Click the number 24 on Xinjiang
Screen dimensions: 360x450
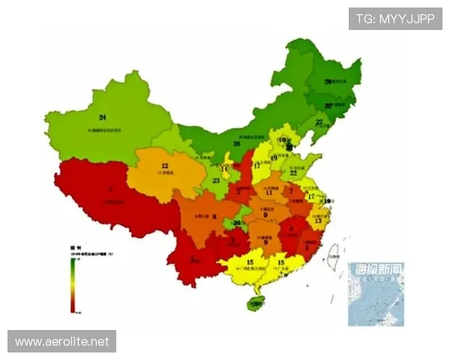coord(102,117)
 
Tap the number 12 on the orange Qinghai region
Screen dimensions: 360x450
coord(164,166)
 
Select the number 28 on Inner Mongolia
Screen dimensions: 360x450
coord(237,143)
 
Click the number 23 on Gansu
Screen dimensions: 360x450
coord(216,181)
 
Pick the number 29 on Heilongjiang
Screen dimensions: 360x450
coord(328,81)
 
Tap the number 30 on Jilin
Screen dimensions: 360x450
coord(328,106)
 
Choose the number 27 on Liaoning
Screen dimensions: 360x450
coord(319,122)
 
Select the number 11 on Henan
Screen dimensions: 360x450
coord(268,192)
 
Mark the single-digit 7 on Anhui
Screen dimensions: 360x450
coord(292,191)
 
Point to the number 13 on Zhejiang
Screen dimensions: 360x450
coord(318,220)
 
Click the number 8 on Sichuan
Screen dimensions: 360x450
coord(215,217)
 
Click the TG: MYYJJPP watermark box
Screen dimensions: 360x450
coord(395,19)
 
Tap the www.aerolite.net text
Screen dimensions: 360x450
coord(61,341)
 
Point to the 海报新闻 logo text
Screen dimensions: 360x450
coord(376,268)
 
